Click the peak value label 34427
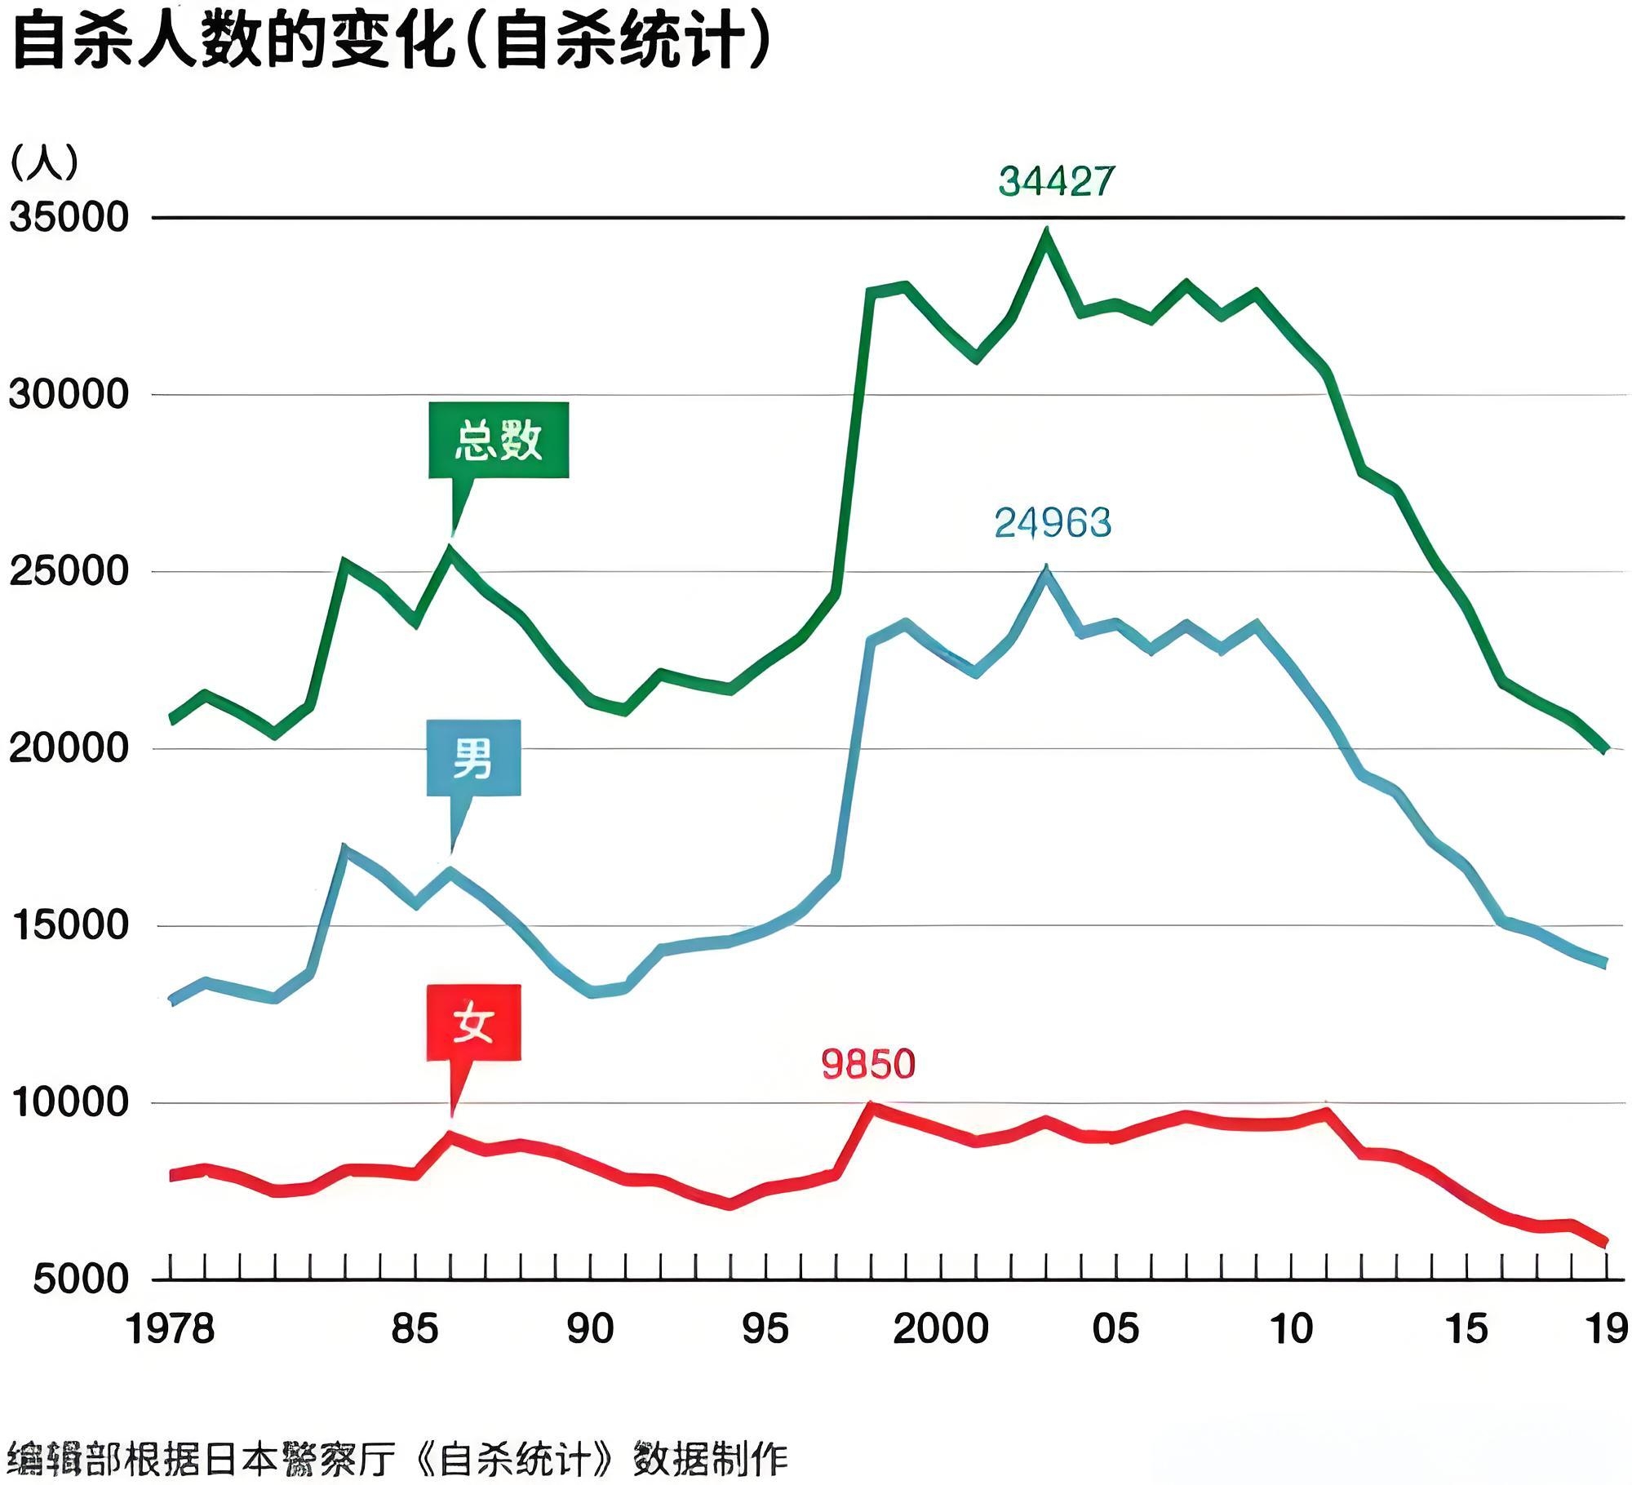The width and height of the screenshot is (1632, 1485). coord(1056,181)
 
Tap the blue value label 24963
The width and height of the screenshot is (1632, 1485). coord(1053,523)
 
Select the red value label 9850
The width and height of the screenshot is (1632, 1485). coord(867,1064)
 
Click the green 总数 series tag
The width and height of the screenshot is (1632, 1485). coord(499,441)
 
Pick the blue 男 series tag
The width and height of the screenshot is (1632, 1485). coord(473,757)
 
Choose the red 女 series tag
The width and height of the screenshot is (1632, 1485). coord(473,1022)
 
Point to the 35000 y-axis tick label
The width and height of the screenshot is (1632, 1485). coord(69,218)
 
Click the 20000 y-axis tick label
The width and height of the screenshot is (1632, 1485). coord(69,748)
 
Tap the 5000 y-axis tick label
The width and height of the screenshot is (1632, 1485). coord(81,1279)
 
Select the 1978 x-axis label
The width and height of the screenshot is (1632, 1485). coord(170,1329)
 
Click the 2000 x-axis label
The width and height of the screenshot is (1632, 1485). coord(940,1329)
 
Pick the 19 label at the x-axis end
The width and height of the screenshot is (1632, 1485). coord(1607,1329)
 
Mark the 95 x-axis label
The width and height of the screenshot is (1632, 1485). coord(765,1329)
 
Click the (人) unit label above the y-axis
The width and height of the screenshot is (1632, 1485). coord(44,162)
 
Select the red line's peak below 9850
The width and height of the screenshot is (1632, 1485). coord(870,1106)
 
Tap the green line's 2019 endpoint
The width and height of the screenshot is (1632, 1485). coord(1605,748)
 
